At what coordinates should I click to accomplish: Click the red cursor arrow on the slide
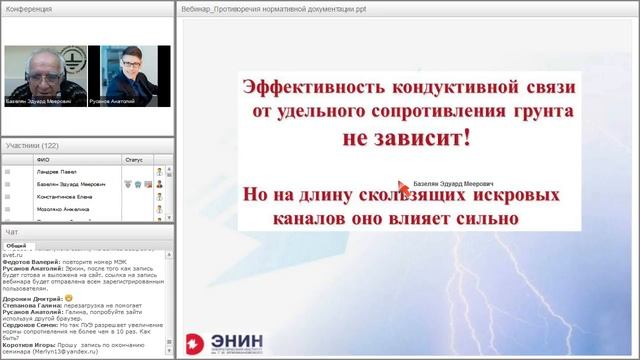pyautogui.click(x=403, y=185)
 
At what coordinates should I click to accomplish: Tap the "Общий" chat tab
pyautogui.click(x=17, y=245)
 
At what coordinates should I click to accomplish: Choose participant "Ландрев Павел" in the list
pyautogui.click(x=56, y=171)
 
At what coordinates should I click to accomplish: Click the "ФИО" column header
pyautogui.click(x=42, y=159)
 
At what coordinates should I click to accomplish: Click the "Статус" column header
pyautogui.click(x=134, y=159)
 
